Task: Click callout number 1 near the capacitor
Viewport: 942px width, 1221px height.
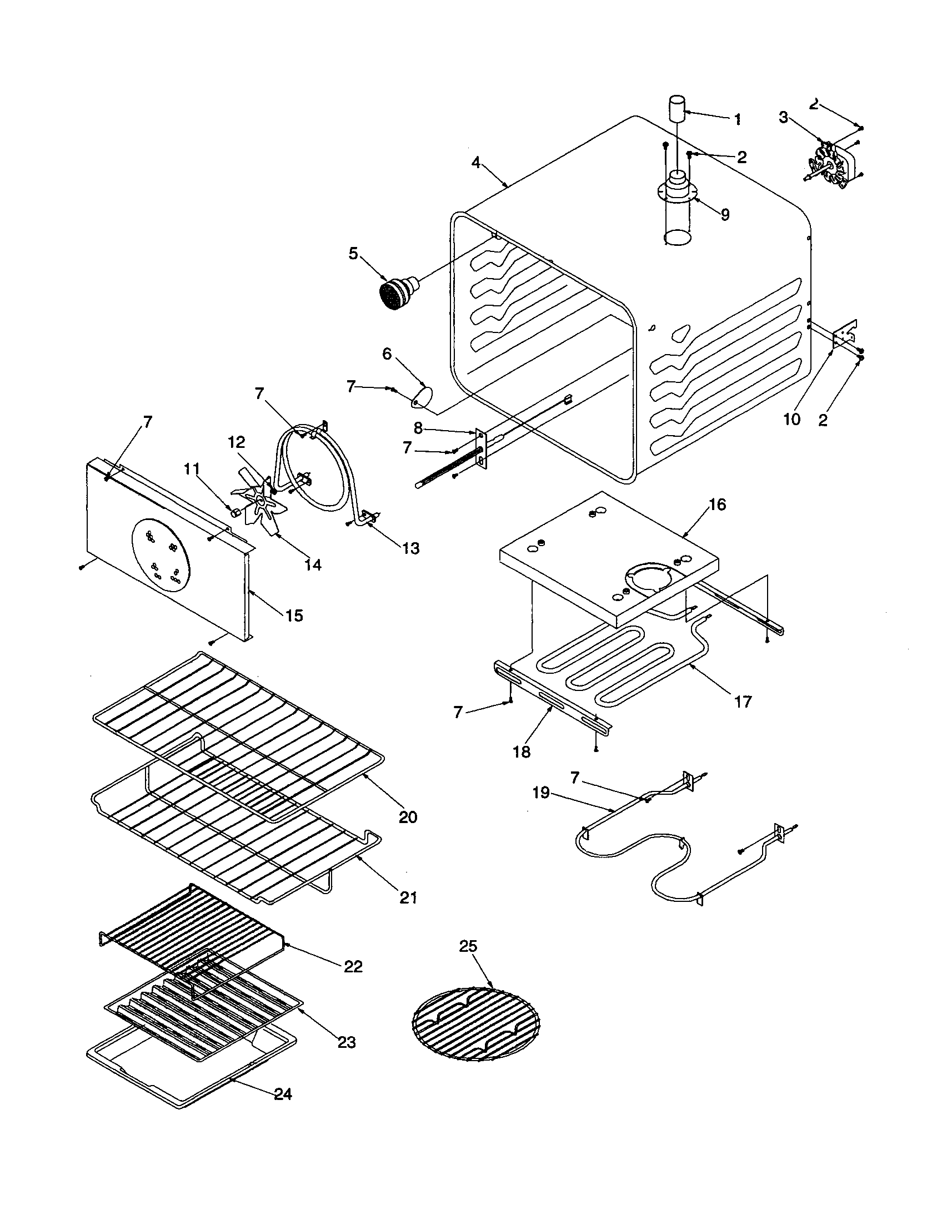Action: [x=737, y=119]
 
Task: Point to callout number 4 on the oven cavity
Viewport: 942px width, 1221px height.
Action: [x=475, y=163]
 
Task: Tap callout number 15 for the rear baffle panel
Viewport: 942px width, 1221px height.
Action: [x=294, y=615]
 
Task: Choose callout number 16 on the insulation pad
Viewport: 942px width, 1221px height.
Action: [x=717, y=505]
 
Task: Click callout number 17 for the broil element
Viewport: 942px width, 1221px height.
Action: [x=743, y=701]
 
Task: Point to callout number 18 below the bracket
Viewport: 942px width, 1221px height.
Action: [x=522, y=752]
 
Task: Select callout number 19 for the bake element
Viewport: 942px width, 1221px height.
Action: [x=541, y=793]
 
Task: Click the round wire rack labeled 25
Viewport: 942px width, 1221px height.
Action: [x=476, y=1023]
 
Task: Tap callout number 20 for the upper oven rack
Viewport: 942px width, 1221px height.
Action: [x=408, y=817]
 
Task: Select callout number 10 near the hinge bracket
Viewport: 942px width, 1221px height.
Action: [x=791, y=419]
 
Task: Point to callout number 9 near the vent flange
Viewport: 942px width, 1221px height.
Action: [x=725, y=215]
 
